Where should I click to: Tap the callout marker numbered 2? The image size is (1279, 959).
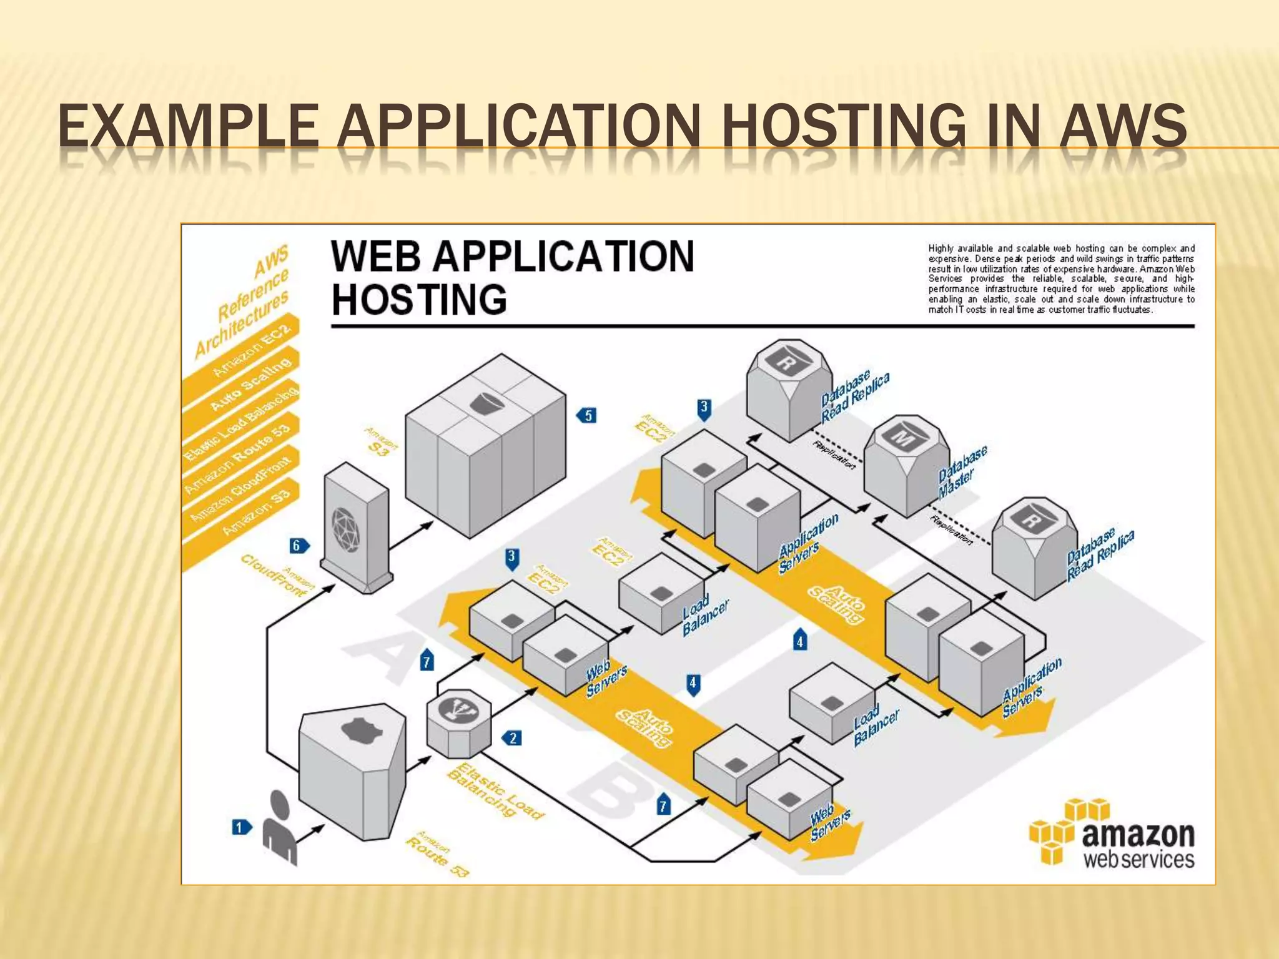[513, 738]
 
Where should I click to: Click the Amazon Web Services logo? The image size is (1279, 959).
[1112, 834]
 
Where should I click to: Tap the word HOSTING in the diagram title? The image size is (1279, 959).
[419, 300]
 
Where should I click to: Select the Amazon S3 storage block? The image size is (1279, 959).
[485, 446]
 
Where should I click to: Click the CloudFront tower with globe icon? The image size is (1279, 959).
[356, 527]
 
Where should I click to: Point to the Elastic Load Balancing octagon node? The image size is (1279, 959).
[458, 722]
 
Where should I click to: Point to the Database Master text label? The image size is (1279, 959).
[962, 472]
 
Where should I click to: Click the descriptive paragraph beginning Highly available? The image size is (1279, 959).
[1061, 279]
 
